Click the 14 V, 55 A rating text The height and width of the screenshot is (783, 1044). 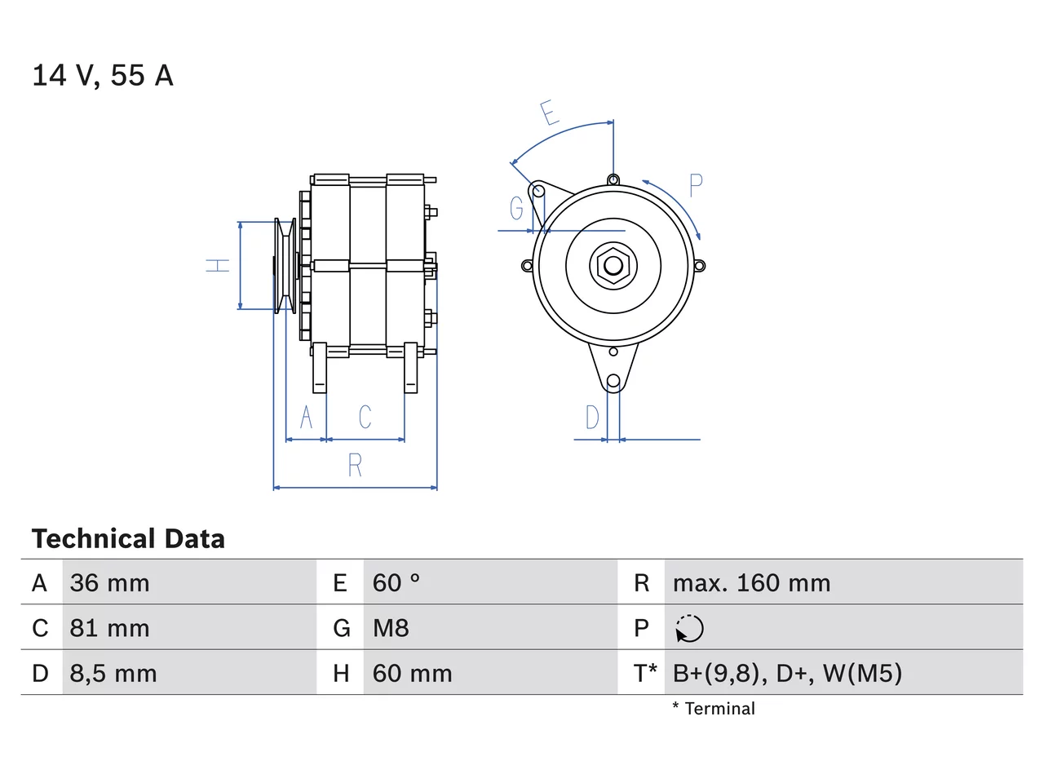tap(103, 76)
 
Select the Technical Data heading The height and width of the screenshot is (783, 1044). tap(128, 538)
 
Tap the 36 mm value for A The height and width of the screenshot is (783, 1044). tap(109, 583)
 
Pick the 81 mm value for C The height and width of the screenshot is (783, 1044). tap(109, 628)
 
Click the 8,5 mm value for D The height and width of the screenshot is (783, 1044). tap(113, 674)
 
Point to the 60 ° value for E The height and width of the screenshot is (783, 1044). tap(396, 583)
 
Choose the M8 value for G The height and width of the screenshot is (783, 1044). tap(391, 628)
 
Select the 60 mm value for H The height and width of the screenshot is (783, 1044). tap(412, 674)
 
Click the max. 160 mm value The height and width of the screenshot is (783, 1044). tap(751, 583)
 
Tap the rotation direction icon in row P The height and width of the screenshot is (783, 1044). tap(689, 629)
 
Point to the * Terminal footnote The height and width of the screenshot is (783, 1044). tap(714, 709)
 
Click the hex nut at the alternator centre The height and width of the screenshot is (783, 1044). tap(613, 266)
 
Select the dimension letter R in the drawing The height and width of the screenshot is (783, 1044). tap(356, 465)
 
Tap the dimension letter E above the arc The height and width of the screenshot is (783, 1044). tap(550, 113)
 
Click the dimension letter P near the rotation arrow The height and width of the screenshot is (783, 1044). tap(696, 185)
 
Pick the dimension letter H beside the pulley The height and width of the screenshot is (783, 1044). tap(217, 266)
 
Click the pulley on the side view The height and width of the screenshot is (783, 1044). tap(285, 266)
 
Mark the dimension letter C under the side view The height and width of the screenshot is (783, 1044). tap(365, 417)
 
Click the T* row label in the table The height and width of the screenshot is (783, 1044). tap(644, 673)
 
